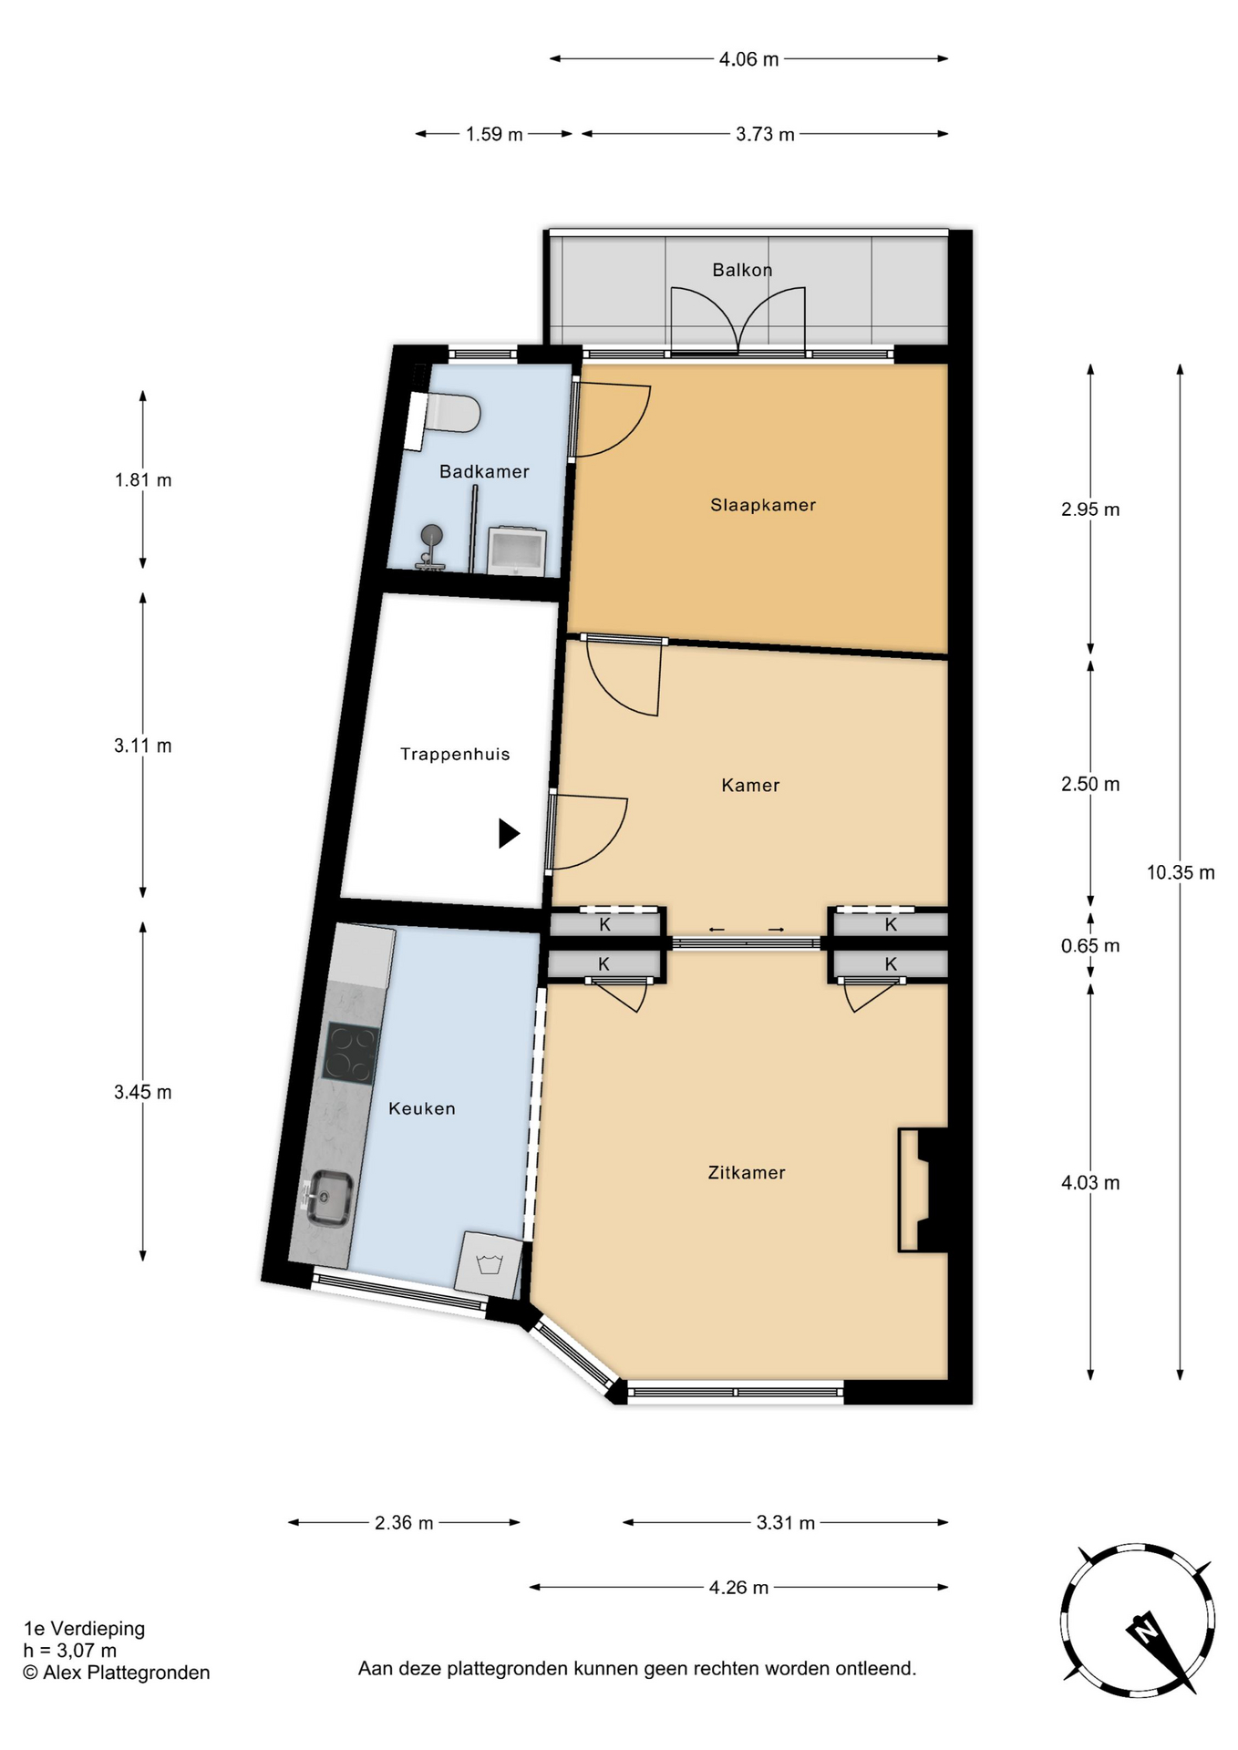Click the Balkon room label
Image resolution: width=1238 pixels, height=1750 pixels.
(x=742, y=270)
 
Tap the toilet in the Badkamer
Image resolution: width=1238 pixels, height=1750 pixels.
(x=446, y=415)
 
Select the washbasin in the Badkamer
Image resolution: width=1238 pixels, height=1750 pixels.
(x=516, y=551)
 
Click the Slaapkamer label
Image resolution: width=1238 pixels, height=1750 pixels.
(x=763, y=505)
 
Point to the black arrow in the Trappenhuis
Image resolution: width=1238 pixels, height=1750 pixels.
(x=509, y=833)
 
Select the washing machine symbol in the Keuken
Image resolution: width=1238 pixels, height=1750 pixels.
(x=490, y=1264)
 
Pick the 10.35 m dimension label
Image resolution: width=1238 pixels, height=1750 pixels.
(x=1181, y=872)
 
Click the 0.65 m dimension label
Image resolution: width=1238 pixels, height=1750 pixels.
(x=1090, y=945)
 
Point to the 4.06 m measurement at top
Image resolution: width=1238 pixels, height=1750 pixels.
(x=749, y=59)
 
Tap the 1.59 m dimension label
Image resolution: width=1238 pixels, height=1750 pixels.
(x=494, y=134)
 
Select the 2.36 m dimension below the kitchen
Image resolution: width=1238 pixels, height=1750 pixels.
(x=404, y=1522)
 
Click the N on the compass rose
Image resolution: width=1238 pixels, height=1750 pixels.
(x=1143, y=1628)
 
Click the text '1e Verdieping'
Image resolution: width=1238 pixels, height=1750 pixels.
(x=84, y=1628)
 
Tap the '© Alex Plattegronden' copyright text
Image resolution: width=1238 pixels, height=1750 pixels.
(x=117, y=1673)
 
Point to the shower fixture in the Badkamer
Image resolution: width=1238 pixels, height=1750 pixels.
(x=430, y=547)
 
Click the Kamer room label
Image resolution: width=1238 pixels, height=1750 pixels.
(x=750, y=785)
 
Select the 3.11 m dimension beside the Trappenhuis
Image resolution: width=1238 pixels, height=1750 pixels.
(x=142, y=746)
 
